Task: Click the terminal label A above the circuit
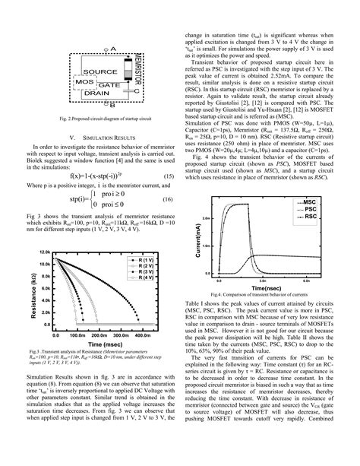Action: click(x=113, y=48)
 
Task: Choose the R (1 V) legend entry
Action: click(x=144, y=260)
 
